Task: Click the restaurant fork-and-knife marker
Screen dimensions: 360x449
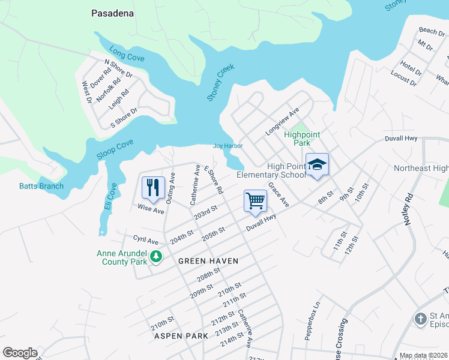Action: pos(153,187)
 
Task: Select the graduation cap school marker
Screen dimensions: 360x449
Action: pos(318,165)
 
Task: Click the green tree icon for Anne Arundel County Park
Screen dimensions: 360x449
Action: pos(156,257)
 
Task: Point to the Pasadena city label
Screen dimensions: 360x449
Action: pos(113,13)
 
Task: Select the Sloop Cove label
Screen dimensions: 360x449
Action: pos(115,150)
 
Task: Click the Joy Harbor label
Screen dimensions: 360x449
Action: pos(228,146)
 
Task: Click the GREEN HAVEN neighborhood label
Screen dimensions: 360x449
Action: pos(208,261)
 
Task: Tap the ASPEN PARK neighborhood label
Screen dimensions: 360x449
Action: pos(181,336)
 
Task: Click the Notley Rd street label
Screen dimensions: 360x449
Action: pos(410,208)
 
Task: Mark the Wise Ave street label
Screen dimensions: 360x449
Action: pos(151,210)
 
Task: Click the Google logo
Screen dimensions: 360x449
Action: pos(20,353)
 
